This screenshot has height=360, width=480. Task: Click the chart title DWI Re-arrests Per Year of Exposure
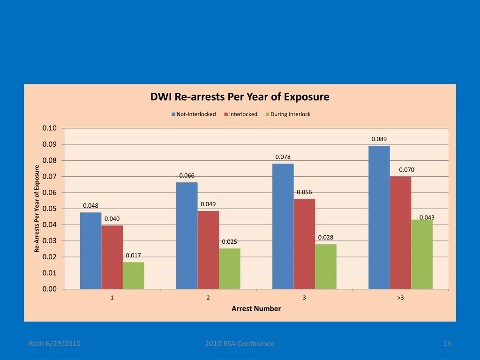[x=240, y=97]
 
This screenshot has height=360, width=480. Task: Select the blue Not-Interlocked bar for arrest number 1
[x=90, y=251]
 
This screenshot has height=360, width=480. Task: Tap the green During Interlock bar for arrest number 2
[x=229, y=269]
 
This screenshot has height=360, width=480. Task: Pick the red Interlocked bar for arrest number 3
[x=304, y=244]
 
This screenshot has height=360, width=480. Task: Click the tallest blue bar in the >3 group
[x=379, y=217]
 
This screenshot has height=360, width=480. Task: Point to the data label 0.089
[x=379, y=139]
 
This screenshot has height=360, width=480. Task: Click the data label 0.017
[x=133, y=255]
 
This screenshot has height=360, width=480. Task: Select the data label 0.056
[x=304, y=192]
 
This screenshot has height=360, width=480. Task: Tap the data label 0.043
[x=427, y=217]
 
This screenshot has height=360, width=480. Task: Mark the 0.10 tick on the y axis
[x=49, y=128]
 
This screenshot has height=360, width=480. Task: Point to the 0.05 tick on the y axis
[x=49, y=209]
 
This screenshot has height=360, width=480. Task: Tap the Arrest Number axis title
[x=256, y=308]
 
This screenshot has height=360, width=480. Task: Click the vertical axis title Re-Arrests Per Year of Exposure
[x=37, y=209]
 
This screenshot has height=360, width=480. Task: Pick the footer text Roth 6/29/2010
[x=55, y=344]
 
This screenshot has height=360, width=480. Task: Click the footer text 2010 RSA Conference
[x=240, y=344]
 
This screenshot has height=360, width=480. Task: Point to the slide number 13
[x=447, y=344]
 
